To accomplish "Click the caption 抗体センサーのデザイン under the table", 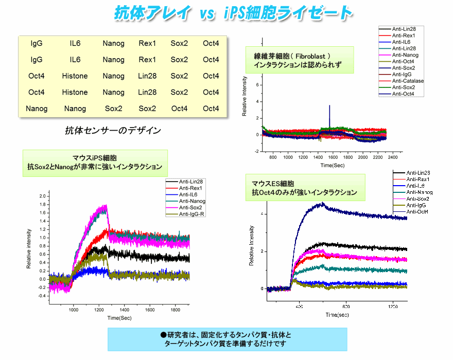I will point(113,131).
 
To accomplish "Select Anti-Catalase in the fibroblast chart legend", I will point(407,81).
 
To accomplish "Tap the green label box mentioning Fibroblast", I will point(300,60).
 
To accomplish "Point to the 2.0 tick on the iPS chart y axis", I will point(43,196).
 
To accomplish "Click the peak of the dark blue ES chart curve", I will point(322,204).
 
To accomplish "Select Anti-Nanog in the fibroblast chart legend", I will point(405,55).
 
